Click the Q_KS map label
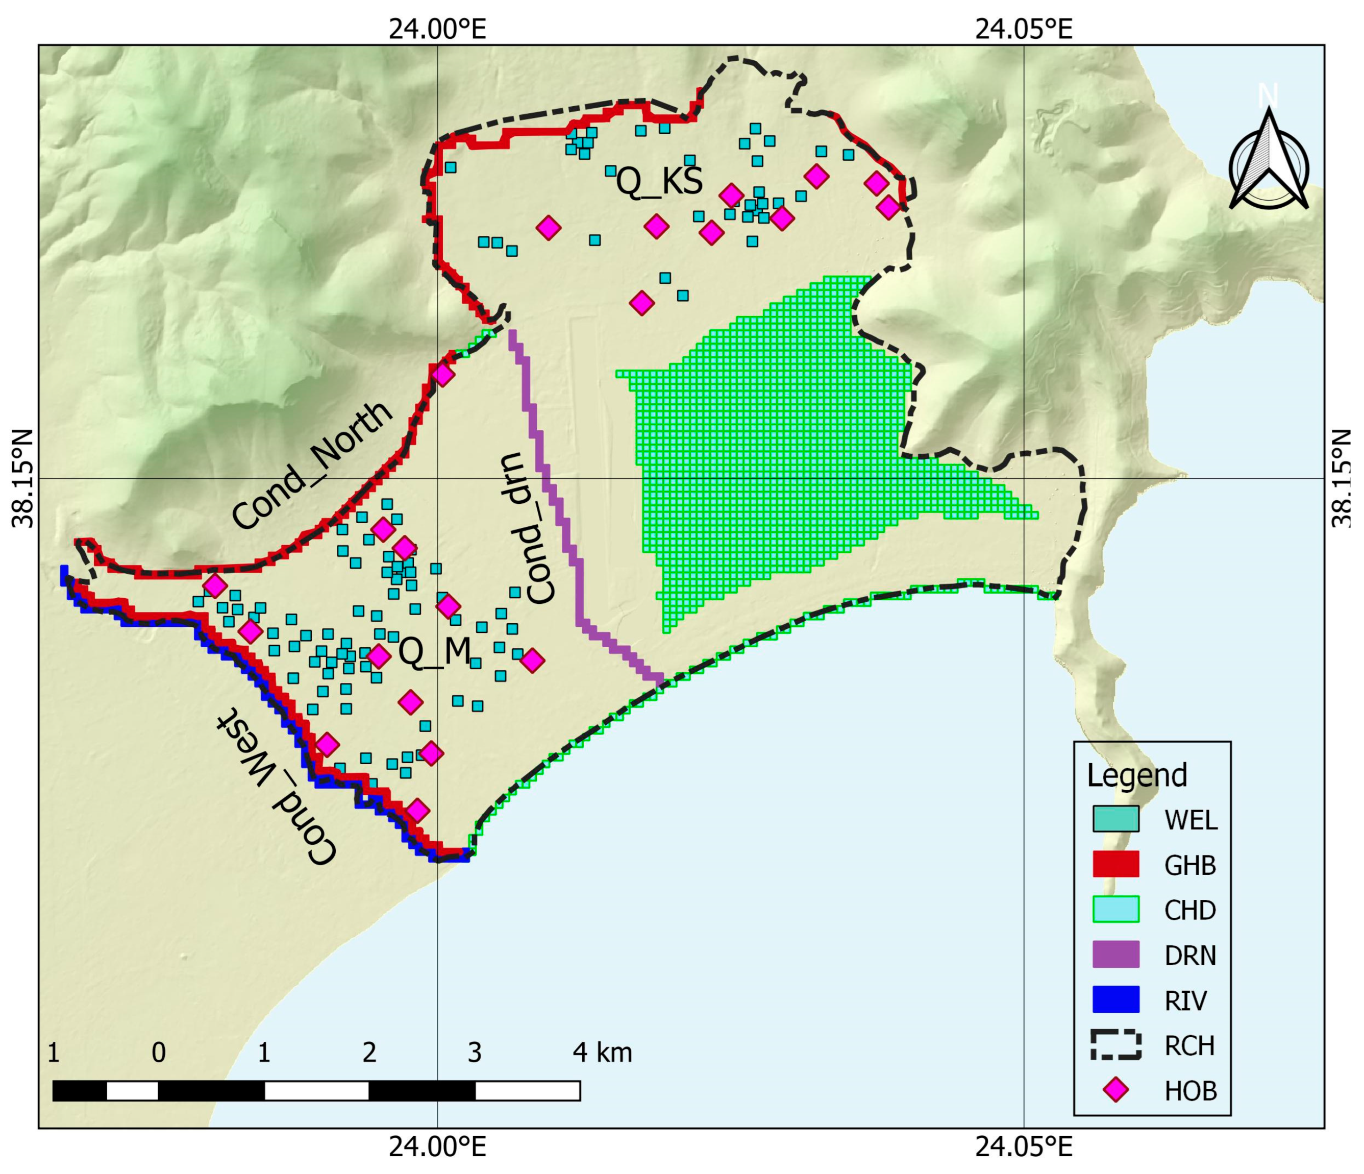pyautogui.click(x=659, y=182)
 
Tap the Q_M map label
pyautogui.click(x=435, y=652)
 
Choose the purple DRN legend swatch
pyautogui.click(x=1116, y=954)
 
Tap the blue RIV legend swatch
pyautogui.click(x=1116, y=999)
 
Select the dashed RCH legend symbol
pyautogui.click(x=1116, y=1045)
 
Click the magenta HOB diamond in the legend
pyautogui.click(x=1116, y=1090)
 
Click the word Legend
pyautogui.click(x=1137, y=775)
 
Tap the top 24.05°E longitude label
pyautogui.click(x=1024, y=29)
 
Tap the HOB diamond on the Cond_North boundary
pyautogui.click(x=443, y=375)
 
